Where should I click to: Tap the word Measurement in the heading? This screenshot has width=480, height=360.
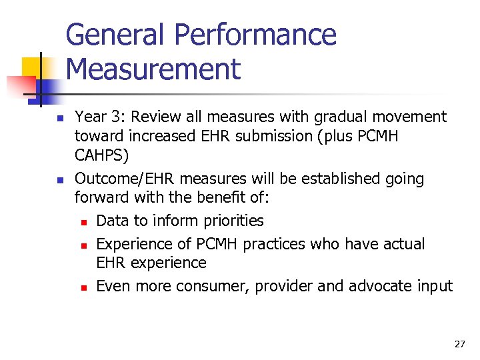153,69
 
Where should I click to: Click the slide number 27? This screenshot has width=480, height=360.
459,344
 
